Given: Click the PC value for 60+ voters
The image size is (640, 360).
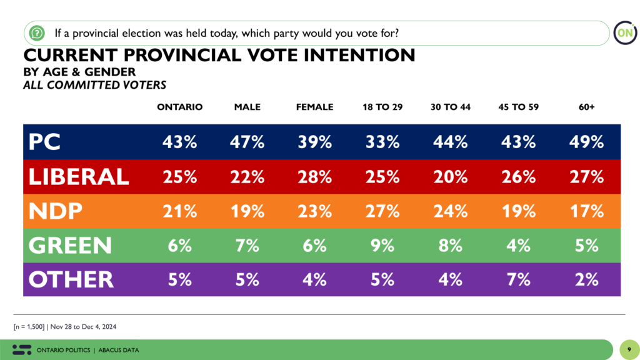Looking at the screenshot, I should click(586, 142).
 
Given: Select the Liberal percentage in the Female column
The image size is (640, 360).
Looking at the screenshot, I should click(314, 176).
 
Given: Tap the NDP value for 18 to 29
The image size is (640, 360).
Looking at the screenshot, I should click(382, 211).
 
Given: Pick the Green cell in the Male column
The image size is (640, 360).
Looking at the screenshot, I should click(247, 245).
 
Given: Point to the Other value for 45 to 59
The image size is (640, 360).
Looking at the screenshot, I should click(519, 279).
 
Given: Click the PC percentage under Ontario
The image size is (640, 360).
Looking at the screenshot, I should click(179, 142).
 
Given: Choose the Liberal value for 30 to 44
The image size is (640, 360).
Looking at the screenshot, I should click(450, 176).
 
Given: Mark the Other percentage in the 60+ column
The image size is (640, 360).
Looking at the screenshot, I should click(586, 279).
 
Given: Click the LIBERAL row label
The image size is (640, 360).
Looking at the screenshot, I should click(79, 176).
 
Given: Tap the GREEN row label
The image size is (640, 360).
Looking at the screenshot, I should click(70, 245).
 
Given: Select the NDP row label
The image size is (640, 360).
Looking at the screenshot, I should click(56, 211).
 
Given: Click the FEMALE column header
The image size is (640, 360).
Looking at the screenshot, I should click(314, 107).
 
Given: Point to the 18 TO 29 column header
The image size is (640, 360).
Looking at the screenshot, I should click(382, 107).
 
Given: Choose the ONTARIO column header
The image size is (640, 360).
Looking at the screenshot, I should click(179, 107).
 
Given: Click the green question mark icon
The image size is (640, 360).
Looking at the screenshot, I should click(37, 32).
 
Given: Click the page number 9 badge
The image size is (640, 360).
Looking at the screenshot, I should click(629, 349).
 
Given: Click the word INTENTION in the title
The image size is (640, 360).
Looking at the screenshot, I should click(356, 55).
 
